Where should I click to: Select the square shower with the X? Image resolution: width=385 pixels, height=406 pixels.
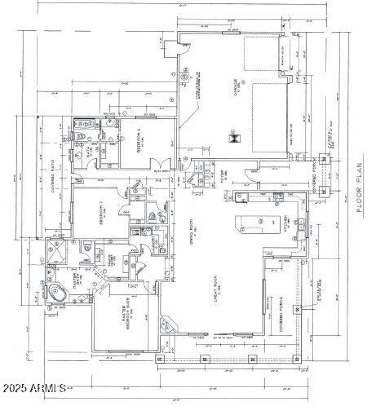tap(56, 251)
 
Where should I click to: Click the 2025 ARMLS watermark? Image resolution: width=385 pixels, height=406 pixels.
tap(34, 388)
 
